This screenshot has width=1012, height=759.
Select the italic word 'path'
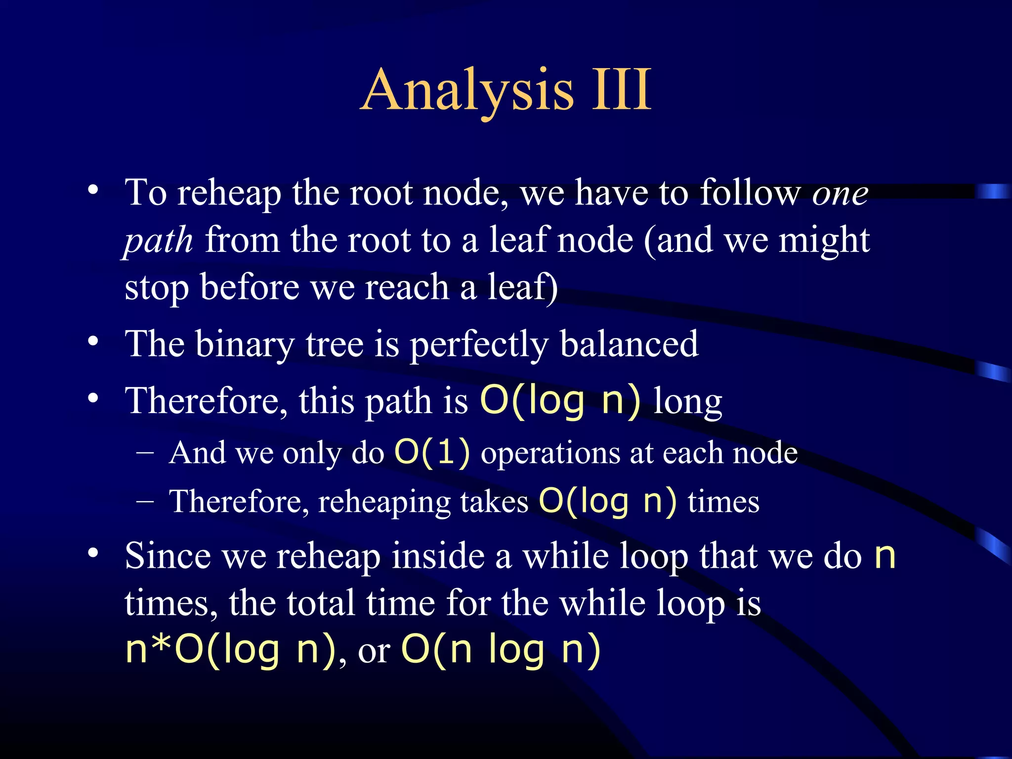tap(158, 241)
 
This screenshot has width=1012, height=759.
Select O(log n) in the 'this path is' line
tap(560, 400)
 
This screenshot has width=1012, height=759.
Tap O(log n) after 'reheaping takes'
tap(607, 501)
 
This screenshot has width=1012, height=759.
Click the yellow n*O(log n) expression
tap(230, 649)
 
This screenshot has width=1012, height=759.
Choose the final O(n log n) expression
tap(501, 649)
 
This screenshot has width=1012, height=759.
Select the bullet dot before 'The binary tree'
tap(93, 342)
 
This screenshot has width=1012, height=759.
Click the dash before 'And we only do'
tap(145, 452)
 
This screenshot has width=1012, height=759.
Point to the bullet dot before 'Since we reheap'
tap(93, 553)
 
